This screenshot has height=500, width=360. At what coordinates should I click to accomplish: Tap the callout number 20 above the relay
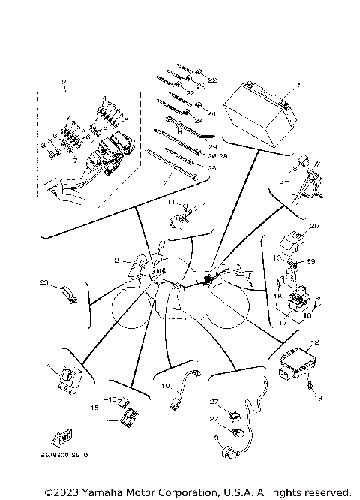point(313,225)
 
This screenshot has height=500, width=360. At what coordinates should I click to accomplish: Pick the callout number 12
point(314,342)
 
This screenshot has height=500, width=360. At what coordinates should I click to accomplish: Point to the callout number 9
point(216,438)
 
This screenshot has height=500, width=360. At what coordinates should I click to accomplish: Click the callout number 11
point(171,202)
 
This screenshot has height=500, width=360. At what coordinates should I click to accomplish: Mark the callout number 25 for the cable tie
point(211,168)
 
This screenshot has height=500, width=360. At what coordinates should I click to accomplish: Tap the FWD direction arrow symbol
point(66,437)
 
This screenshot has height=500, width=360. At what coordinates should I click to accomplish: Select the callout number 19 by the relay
point(312,261)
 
